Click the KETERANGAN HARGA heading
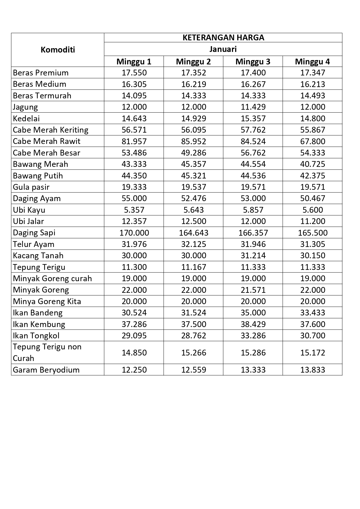point(223,38)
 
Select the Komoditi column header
point(58,50)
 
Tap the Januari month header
point(223,49)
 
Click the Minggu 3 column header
point(253,62)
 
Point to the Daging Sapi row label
point(34,233)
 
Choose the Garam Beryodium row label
point(46,370)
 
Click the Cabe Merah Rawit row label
point(46,141)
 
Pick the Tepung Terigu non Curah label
point(47,353)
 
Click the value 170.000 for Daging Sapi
point(134,233)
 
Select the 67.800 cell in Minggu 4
point(312,141)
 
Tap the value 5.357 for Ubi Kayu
point(134,210)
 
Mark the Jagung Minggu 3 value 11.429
point(253,107)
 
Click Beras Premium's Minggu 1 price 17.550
point(134,73)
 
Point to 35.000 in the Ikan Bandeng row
point(253,313)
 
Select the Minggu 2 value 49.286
point(194,153)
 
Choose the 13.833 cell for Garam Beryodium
point(312,370)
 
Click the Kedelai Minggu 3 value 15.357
point(253,118)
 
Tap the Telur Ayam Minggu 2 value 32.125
point(194,244)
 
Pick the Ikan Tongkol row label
point(36,336)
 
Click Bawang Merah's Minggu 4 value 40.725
point(312,164)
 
